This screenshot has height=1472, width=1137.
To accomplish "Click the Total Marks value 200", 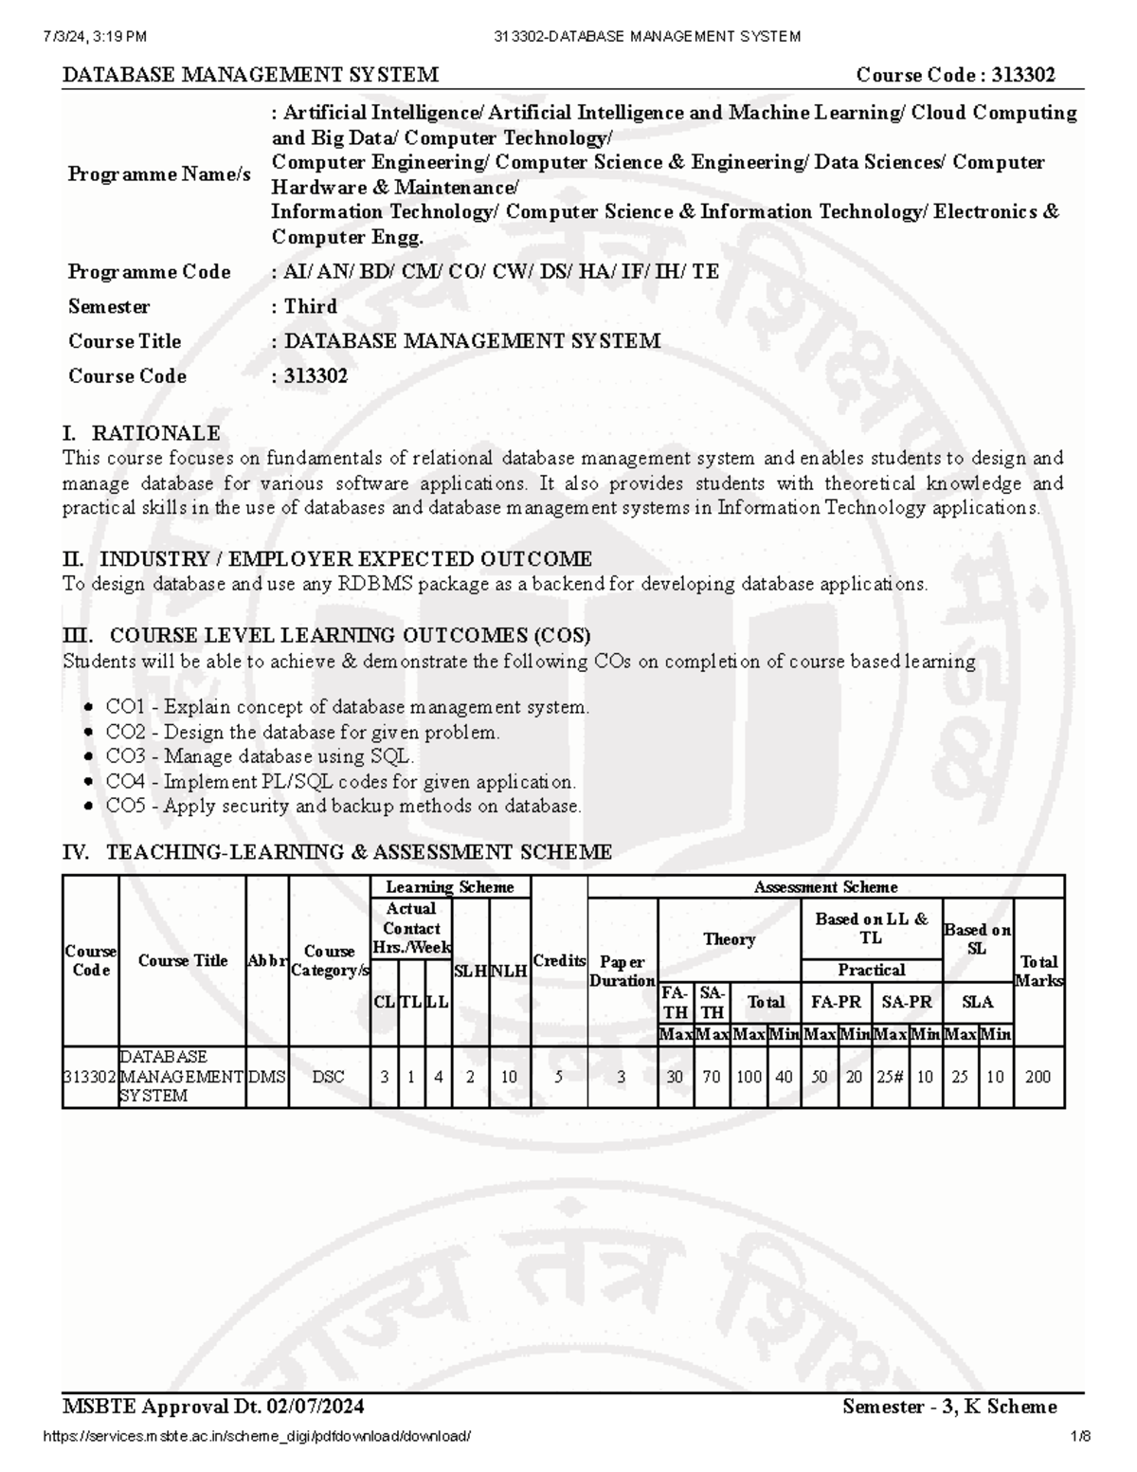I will coord(1038,1077).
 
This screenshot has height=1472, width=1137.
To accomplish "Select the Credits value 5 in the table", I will coord(558,1077).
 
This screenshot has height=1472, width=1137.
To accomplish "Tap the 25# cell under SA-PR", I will coord(890,1077).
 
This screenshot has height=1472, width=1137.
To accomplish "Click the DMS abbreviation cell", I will coord(267,1077).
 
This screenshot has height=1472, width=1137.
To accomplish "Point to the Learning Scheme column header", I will coord(449,887).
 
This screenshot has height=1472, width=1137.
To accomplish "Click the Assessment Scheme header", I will coord(825,887).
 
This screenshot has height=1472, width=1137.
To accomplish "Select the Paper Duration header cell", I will coord(622,971).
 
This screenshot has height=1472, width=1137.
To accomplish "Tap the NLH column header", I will coord(509,971).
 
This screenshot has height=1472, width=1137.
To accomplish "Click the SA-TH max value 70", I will coord(712,1077).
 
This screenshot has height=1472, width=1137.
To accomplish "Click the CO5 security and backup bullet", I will coord(343,807).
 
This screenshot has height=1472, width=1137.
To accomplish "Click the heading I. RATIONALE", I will coord(141,433).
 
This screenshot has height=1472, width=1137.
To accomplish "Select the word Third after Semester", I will coord(310,306).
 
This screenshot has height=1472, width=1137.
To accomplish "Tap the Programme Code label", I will coord(149,272).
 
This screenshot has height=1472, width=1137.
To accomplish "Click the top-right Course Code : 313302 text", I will coord(955,75).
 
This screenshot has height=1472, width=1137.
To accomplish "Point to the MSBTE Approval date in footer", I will coord(213,1406).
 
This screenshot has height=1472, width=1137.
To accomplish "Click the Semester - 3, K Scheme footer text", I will coord(948,1406).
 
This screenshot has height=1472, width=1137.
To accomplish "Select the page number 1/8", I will coord(1081,1436).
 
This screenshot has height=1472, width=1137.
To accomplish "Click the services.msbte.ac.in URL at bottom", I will coord(257,1436).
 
